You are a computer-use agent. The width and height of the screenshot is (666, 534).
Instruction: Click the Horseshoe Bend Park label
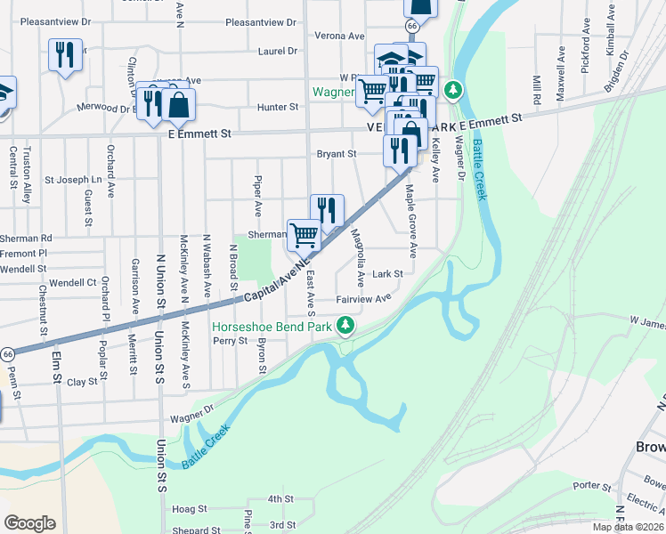click(x=272, y=327)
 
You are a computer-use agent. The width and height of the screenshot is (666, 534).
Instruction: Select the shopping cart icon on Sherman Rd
click(x=304, y=235)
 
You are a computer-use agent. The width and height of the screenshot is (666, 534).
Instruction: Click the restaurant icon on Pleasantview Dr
click(x=65, y=55)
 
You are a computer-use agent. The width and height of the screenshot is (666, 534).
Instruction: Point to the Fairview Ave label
click(x=363, y=300)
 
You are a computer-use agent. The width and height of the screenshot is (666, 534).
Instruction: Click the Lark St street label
click(x=388, y=274)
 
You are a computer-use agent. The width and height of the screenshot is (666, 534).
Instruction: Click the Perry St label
click(x=229, y=341)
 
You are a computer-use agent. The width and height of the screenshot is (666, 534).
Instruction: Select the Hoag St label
click(x=190, y=510)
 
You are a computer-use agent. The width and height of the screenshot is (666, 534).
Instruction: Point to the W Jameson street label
click(x=647, y=319)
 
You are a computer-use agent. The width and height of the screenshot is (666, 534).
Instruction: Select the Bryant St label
click(x=337, y=154)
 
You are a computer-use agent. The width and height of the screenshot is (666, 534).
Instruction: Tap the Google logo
click(x=29, y=522)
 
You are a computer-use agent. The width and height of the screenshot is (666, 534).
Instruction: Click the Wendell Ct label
click(x=73, y=283)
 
